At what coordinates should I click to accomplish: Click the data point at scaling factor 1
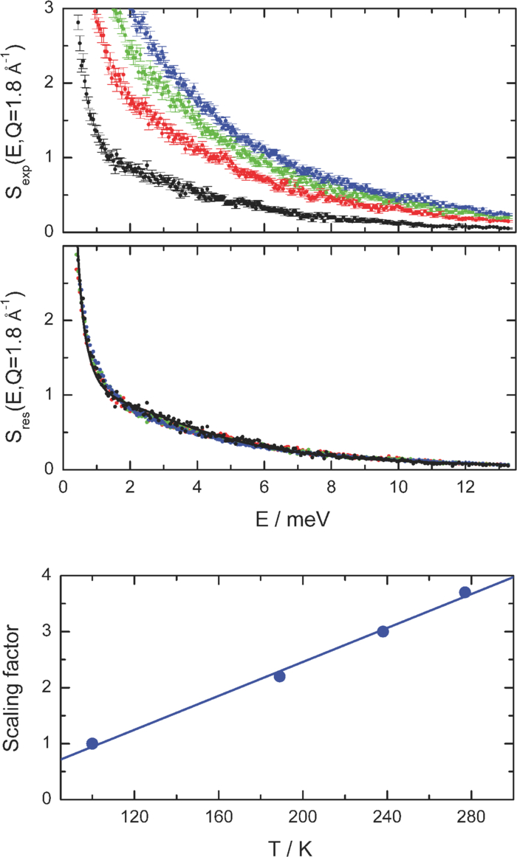[92, 743]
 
